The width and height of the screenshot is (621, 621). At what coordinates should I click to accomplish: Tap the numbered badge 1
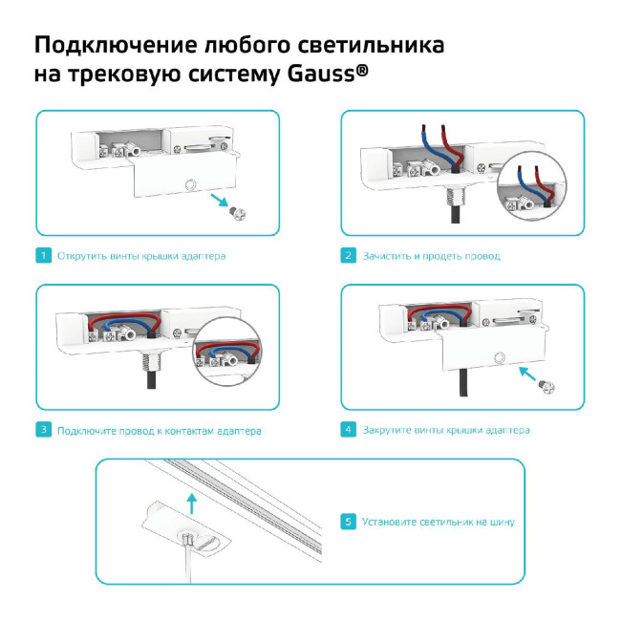(x=43, y=256)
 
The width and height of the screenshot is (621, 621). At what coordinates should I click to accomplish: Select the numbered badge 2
(x=349, y=256)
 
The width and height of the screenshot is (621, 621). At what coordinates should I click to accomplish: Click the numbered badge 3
(x=43, y=430)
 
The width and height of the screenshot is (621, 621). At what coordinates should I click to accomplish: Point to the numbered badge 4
(x=349, y=430)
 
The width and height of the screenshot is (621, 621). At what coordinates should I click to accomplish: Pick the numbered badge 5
(x=349, y=522)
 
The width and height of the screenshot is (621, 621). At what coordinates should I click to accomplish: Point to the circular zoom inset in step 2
(x=531, y=191)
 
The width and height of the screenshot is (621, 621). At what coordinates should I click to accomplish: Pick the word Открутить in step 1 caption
(x=83, y=256)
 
